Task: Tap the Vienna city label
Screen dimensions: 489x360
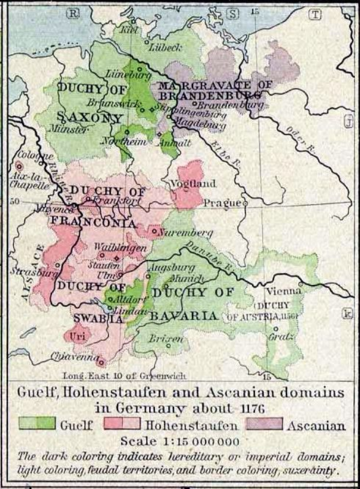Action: [284, 290]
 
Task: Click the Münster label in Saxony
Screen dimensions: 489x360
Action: [70, 131]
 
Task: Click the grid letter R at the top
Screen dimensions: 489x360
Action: [73, 14]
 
